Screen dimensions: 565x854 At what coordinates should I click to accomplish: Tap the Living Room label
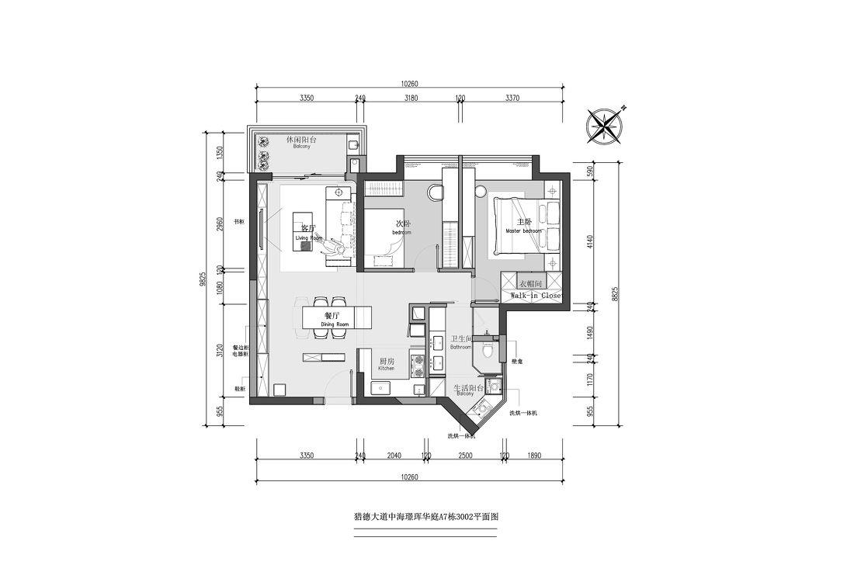[308, 232]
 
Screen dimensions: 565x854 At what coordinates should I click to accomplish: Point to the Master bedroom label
[522, 226]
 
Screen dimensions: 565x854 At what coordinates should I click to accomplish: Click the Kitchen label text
[387, 364]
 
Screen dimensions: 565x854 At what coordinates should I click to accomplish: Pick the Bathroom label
[460, 343]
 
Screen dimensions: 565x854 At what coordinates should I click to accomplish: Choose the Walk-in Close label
[535, 296]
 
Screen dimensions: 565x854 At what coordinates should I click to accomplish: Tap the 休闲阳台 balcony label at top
[301, 140]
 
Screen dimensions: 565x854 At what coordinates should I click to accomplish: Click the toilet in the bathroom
[488, 350]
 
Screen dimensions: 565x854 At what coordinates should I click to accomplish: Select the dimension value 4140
[590, 241]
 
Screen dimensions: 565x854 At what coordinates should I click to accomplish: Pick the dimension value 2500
[465, 456]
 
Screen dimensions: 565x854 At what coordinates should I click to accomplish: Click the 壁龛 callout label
[516, 361]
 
